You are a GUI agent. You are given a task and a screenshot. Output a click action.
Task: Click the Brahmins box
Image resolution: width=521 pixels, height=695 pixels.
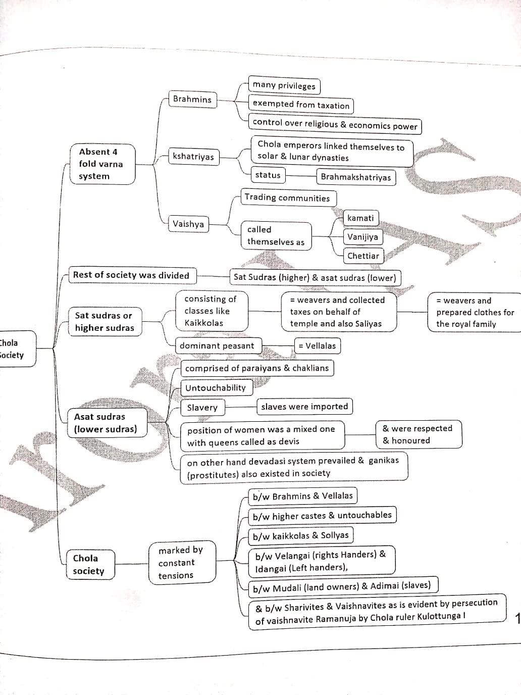pyautogui.click(x=192, y=99)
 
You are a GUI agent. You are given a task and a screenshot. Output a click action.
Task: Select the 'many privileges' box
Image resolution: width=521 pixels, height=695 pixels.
pyautogui.click(x=284, y=85)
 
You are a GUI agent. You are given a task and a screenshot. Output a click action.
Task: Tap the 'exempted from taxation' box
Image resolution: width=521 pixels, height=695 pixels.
pyautogui.click(x=301, y=105)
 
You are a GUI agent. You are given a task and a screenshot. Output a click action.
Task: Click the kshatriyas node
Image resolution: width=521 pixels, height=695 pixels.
pyautogui.click(x=193, y=157)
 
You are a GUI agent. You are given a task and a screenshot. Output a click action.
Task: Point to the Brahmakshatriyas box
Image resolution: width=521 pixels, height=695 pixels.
pyautogui.click(x=356, y=177)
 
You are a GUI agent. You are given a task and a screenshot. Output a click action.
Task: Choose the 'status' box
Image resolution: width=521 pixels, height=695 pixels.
pyautogui.click(x=268, y=175)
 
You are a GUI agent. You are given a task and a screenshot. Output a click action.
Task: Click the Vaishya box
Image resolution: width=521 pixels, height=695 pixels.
pyautogui.click(x=188, y=224)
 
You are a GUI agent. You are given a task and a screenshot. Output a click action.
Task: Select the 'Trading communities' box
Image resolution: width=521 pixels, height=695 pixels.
pyautogui.click(x=287, y=197)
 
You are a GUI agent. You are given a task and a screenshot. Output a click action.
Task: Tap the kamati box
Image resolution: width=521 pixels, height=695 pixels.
pyautogui.click(x=361, y=218)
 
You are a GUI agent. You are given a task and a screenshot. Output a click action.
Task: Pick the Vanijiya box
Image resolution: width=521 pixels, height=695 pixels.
pyautogui.click(x=362, y=237)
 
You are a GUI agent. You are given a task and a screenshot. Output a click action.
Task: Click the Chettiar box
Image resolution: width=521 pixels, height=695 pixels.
pyautogui.click(x=363, y=256)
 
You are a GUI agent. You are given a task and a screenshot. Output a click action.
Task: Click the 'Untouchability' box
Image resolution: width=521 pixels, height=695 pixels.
pyautogui.click(x=216, y=388)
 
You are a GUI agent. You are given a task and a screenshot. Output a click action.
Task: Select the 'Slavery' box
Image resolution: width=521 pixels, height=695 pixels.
pyautogui.click(x=202, y=408)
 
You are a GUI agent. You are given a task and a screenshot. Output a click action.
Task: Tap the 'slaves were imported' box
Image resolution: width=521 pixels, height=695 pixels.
pyautogui.click(x=304, y=407)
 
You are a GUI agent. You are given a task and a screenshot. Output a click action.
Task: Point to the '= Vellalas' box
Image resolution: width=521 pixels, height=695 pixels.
pyautogui.click(x=317, y=346)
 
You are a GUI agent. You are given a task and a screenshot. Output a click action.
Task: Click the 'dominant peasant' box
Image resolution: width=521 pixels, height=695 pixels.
pyautogui.click(x=217, y=346)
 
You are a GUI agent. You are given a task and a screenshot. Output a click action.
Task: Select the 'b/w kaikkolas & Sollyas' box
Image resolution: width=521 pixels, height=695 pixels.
pyautogui.click(x=300, y=535)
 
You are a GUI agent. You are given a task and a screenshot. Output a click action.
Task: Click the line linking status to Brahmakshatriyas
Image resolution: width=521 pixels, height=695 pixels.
pyautogui.click(x=301, y=176)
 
